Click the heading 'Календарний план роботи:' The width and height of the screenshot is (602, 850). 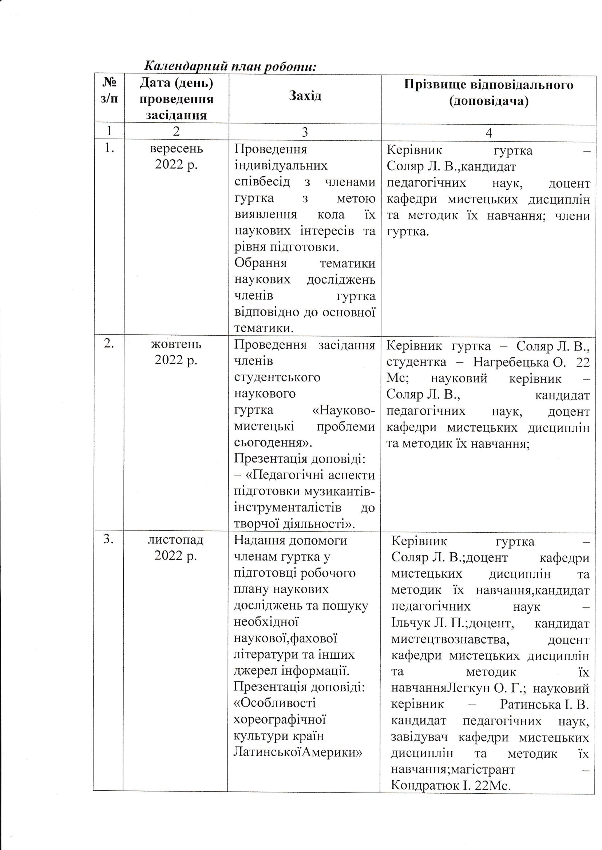tap(230, 66)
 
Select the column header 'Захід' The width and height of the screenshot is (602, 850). tap(305, 96)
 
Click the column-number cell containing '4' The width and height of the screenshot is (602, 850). tap(488, 133)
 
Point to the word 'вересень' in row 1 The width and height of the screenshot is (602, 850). tap(176, 148)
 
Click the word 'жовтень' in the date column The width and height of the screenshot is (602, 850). tap(176, 344)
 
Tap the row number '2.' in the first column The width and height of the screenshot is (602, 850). tap(108, 343)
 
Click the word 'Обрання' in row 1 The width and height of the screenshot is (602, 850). tap(261, 263)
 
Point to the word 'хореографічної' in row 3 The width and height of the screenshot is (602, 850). tap(280, 720)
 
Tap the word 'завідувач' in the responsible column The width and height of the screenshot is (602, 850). tap(419, 737)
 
